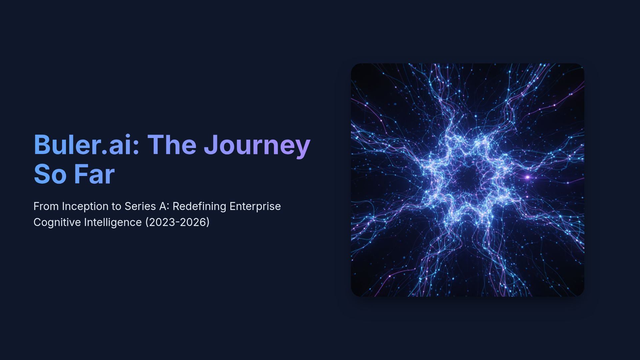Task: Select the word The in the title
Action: point(172,145)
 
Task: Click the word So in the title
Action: point(50,174)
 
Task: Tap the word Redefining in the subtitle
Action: point(199,206)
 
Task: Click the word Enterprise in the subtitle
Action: point(255,206)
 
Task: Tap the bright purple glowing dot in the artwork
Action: point(527,177)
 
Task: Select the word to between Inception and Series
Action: point(116,206)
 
